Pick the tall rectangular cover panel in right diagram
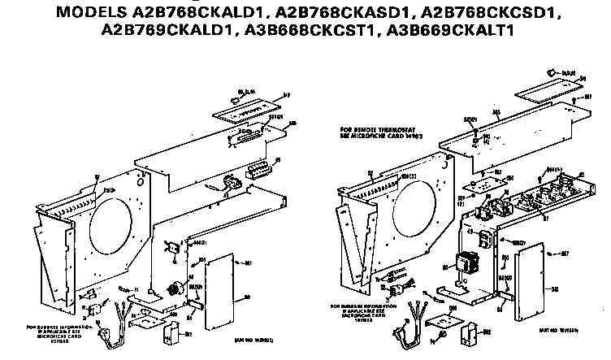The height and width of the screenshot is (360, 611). click(528, 277)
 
